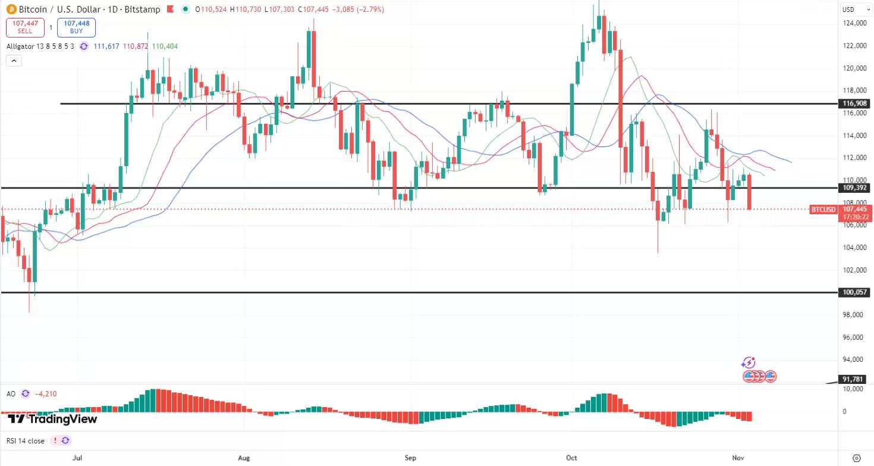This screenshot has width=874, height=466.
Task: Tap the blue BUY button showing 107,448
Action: (76, 27)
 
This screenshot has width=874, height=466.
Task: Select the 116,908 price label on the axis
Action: (856, 104)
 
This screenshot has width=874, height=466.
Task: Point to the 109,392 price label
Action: (856, 187)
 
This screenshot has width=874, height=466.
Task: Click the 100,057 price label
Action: (856, 293)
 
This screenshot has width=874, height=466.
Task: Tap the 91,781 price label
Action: (856, 379)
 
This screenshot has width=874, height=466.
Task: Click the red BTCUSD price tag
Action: (823, 209)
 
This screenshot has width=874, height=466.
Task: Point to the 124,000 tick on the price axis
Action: (854, 23)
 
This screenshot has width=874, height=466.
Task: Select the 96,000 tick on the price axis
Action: (854, 337)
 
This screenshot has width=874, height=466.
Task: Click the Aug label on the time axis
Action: (243, 458)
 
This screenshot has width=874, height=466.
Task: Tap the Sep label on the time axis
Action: (410, 458)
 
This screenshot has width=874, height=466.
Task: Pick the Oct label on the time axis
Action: (571, 458)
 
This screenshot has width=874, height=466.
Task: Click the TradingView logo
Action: (52, 419)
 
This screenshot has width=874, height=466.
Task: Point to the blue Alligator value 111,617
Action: (106, 46)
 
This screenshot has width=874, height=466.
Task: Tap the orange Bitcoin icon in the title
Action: (11, 10)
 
